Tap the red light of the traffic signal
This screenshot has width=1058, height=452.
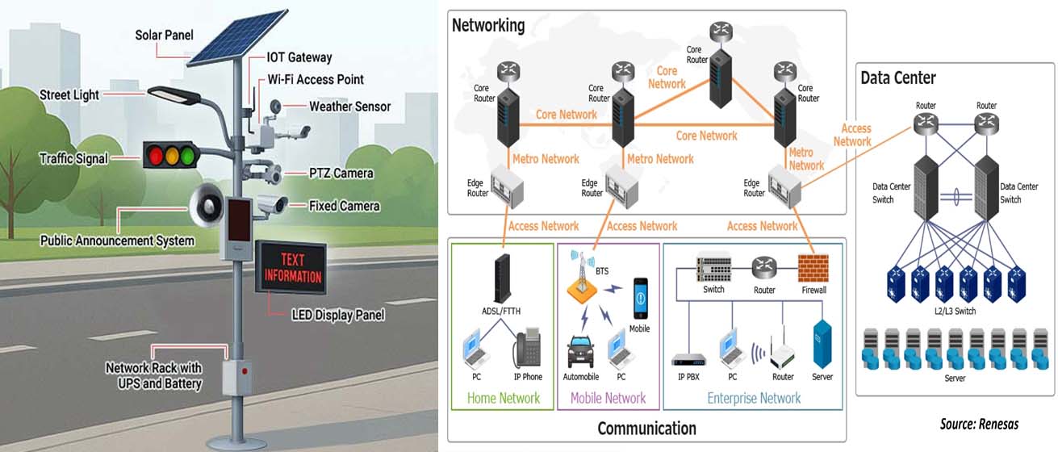tap(156, 155)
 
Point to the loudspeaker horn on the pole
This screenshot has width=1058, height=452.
tap(207, 206)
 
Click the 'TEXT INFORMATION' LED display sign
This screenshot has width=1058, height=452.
tap(291, 267)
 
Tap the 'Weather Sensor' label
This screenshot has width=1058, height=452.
tap(349, 107)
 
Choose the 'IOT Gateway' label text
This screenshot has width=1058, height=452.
tap(299, 57)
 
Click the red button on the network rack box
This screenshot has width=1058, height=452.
tap(245, 371)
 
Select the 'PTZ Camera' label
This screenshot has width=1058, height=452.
tap(341, 174)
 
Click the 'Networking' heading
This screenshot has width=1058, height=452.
tap(488, 26)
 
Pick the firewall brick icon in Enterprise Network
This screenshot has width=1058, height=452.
tap(813, 268)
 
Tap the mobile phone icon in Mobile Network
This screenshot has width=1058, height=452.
tap(640, 299)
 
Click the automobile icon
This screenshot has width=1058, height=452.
tap(580, 352)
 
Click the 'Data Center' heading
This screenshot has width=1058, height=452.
tap(898, 78)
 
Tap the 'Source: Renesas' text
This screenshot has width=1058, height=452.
tap(979, 424)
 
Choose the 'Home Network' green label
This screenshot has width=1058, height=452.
tap(503, 398)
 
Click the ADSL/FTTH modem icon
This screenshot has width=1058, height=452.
tap(502, 278)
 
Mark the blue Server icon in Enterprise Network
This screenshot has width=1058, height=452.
tap(822, 345)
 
